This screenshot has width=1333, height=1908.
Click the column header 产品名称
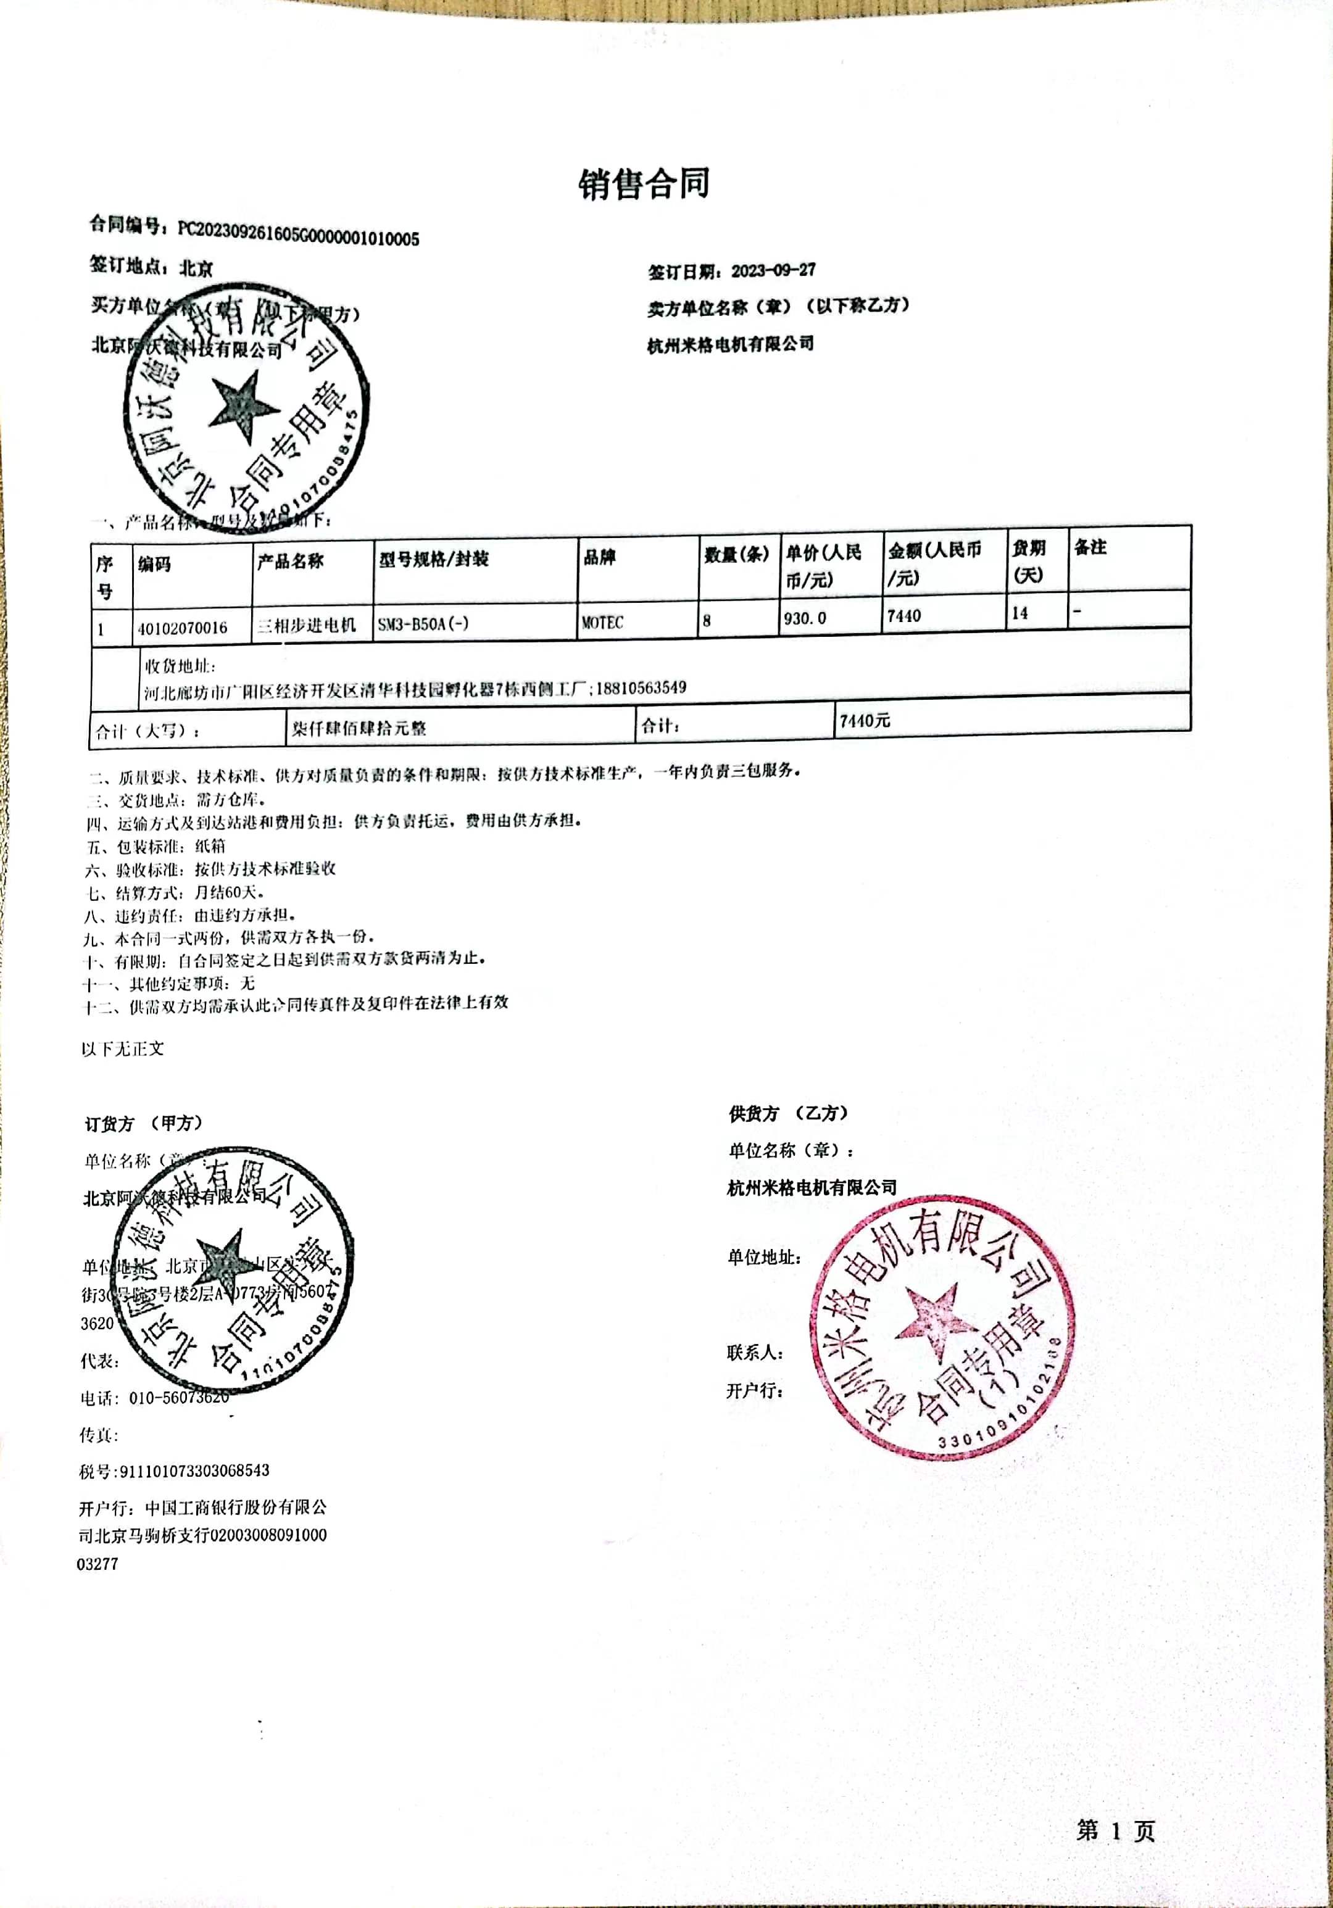290,561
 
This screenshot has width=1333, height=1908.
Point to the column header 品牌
599,557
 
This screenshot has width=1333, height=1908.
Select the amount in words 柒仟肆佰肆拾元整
359,728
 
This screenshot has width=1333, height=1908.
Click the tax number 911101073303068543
194,1470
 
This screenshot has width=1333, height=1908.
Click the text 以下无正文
123,1049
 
